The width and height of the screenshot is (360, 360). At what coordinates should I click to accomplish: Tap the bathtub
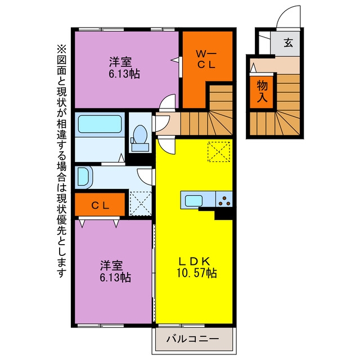point(100,124)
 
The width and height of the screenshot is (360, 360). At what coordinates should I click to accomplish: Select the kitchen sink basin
point(193,200)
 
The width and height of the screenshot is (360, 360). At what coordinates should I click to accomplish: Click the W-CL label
point(206,60)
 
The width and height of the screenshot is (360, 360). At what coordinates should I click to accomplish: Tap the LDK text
point(195,261)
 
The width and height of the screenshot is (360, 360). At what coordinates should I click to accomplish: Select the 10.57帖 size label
point(196,273)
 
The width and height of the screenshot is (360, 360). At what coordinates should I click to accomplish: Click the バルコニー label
point(192,339)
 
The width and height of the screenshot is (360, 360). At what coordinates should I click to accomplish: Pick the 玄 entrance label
point(289,43)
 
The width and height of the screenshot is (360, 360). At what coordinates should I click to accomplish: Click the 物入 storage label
point(262,91)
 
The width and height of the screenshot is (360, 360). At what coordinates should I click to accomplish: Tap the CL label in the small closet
point(100,205)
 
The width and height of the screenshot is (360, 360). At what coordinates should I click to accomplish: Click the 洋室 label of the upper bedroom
point(120,62)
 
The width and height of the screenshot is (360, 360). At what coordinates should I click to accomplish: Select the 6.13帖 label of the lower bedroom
point(115,277)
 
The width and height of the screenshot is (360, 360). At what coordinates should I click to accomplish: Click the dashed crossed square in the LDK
point(219,152)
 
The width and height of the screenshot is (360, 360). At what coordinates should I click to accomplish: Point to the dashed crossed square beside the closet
point(141,204)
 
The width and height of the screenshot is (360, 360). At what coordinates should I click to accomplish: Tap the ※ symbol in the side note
point(61,49)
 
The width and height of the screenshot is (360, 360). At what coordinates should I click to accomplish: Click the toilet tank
point(140,147)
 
